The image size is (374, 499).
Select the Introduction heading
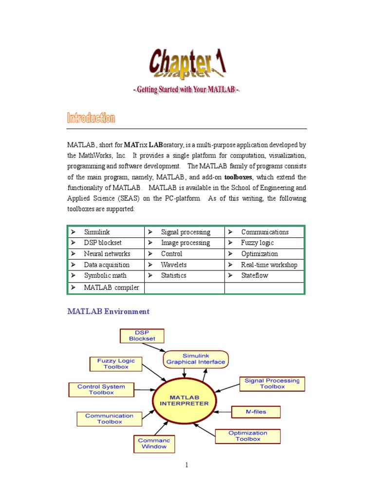(x=91, y=118)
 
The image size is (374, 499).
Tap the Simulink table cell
(x=106, y=232)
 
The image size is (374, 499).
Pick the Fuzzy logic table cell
(x=264, y=243)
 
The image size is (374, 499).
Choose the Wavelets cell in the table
(x=184, y=265)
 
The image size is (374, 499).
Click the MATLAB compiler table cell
(x=106, y=288)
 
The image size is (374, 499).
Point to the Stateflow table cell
(x=264, y=275)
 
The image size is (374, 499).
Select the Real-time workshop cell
(x=264, y=265)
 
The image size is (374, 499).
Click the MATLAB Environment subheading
(x=108, y=311)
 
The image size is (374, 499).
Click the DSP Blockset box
(x=142, y=336)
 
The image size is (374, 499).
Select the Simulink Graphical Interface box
(x=196, y=359)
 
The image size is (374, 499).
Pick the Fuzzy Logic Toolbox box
(x=116, y=364)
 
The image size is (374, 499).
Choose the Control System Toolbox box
(x=101, y=389)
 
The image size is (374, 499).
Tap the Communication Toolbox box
(x=109, y=419)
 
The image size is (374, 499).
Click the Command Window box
(x=154, y=443)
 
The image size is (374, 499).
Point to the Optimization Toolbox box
(x=248, y=436)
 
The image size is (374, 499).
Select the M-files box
(x=256, y=412)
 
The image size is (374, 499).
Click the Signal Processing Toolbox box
(x=272, y=384)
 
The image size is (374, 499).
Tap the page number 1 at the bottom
(x=187, y=465)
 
